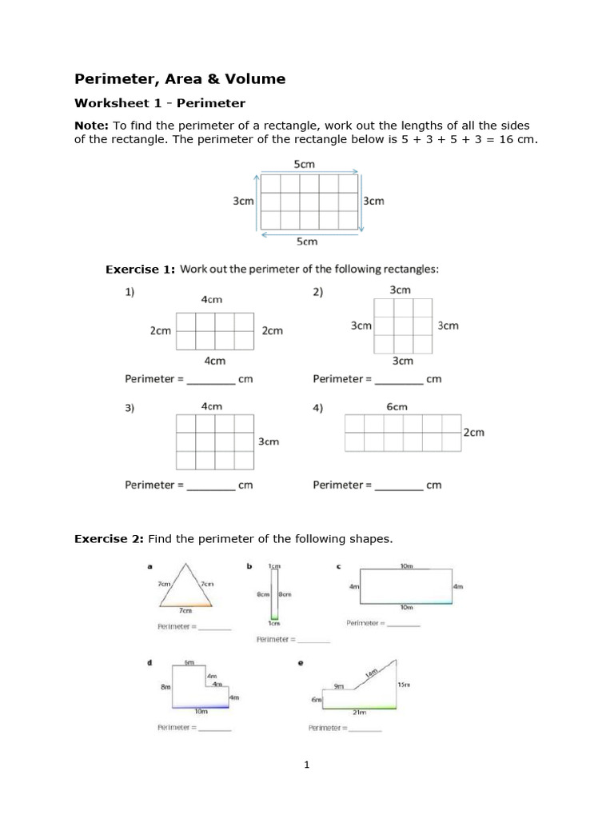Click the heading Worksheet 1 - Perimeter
(x=159, y=103)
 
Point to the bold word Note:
(x=91, y=126)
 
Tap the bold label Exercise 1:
(x=140, y=270)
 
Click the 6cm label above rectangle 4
(x=397, y=406)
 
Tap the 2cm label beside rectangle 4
(x=473, y=433)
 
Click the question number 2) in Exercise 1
(x=318, y=293)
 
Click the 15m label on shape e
(x=404, y=685)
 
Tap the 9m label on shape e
(x=338, y=685)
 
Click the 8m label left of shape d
(x=165, y=686)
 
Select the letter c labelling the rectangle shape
(x=338, y=566)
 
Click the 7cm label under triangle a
(x=185, y=610)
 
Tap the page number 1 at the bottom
(x=306, y=765)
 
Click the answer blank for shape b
(x=313, y=641)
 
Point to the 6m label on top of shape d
(x=189, y=662)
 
